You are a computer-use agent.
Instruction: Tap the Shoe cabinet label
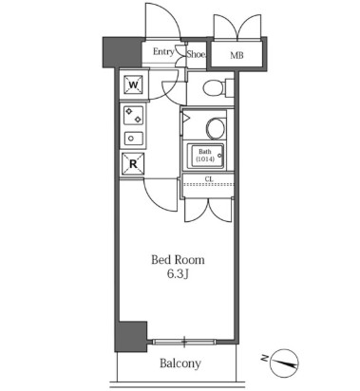click(x=195, y=54)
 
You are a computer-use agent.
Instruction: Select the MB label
click(x=236, y=55)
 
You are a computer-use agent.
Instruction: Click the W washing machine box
click(x=133, y=84)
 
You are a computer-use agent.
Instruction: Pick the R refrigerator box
click(x=133, y=162)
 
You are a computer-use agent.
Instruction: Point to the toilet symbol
click(x=214, y=90)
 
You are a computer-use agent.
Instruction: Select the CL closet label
click(x=209, y=178)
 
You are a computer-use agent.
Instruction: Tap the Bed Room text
click(x=179, y=259)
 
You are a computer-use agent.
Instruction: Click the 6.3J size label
click(x=179, y=275)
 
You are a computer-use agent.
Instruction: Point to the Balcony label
click(x=179, y=363)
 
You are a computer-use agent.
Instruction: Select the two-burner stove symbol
click(x=133, y=118)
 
